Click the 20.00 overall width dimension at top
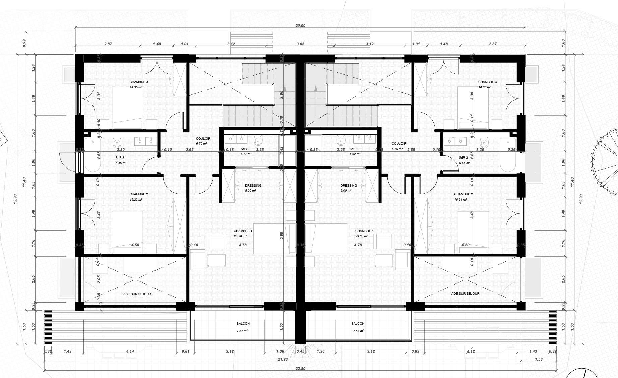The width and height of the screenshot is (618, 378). (x=300, y=26)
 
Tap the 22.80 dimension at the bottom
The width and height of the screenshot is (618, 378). (x=300, y=369)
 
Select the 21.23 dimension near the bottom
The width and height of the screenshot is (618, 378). (x=283, y=359)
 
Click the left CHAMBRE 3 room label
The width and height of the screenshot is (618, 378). (x=139, y=82)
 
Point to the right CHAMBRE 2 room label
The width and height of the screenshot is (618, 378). (x=463, y=194)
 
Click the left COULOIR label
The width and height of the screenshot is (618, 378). (x=203, y=138)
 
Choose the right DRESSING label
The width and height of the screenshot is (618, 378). (x=348, y=186)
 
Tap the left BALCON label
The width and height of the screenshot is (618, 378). (x=243, y=324)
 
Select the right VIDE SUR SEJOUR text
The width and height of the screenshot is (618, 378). (x=465, y=294)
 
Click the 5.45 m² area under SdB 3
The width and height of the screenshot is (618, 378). (x=121, y=163)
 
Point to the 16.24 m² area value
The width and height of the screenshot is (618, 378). (x=460, y=200)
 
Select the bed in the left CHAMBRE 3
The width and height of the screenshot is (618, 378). (x=127, y=107)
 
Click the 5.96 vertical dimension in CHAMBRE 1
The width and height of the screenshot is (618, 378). (x=281, y=236)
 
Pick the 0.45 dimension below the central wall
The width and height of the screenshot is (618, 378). (x=301, y=351)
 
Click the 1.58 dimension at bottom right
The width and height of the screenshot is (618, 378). (x=539, y=359)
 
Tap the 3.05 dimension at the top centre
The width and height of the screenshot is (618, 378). (x=300, y=44)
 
